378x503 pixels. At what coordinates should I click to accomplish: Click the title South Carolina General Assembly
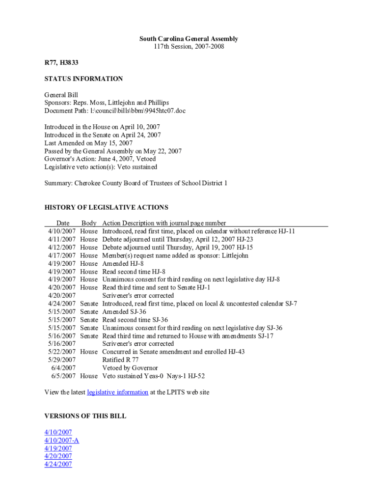click(x=189, y=39)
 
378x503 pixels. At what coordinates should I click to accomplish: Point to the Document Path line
click(x=115, y=111)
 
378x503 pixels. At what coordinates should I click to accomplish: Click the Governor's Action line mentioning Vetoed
click(x=100, y=159)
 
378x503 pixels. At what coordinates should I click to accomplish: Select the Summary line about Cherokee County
click(x=135, y=183)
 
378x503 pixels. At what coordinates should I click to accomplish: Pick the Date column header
click(x=63, y=223)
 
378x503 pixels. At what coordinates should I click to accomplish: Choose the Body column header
click(x=89, y=223)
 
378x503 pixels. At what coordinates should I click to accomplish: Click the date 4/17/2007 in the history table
click(x=62, y=255)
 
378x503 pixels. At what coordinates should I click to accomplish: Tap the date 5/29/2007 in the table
click(x=62, y=360)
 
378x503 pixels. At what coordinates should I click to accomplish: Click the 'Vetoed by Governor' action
click(x=130, y=368)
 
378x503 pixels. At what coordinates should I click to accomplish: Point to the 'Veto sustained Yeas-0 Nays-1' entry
click(x=153, y=376)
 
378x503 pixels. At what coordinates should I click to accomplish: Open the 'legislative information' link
click(x=117, y=392)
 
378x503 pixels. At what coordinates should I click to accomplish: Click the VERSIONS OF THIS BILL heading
click(x=85, y=416)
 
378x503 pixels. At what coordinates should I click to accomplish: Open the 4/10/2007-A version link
click(x=61, y=440)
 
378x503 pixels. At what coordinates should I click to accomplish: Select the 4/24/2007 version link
click(x=58, y=464)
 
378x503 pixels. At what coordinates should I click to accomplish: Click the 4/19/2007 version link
click(x=58, y=448)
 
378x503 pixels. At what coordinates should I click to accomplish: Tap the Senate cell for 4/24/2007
click(x=89, y=304)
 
